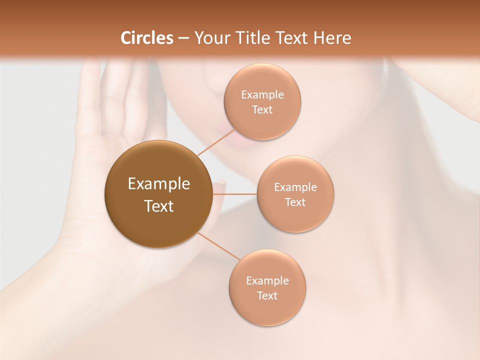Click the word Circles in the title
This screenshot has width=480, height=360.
tap(146, 38)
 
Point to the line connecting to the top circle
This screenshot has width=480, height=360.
tap(216, 142)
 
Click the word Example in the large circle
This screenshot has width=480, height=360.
tap(158, 184)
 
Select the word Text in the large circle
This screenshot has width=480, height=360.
tap(158, 206)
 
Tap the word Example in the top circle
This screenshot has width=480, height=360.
tap(262, 95)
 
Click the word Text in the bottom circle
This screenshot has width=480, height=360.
tap(267, 295)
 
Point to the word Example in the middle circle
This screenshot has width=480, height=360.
tap(295, 187)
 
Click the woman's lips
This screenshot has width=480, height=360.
tap(243, 142)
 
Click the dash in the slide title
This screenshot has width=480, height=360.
tap(183, 38)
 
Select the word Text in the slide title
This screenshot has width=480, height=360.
tap(290, 38)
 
